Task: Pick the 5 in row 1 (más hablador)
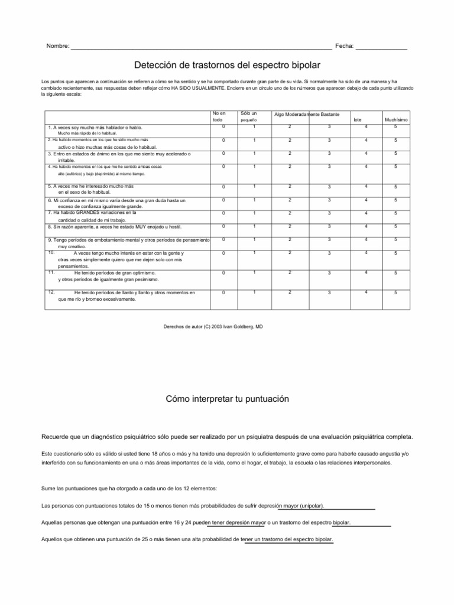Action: [395, 126]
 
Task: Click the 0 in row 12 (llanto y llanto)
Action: [223, 293]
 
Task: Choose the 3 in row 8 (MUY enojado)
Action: [329, 226]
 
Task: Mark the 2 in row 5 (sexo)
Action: [290, 187]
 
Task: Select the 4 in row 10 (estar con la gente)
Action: [366, 253]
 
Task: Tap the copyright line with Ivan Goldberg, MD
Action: [212, 326]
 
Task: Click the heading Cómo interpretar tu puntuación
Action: [227, 399]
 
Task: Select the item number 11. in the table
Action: [51, 272]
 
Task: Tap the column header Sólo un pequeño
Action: [248, 116]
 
